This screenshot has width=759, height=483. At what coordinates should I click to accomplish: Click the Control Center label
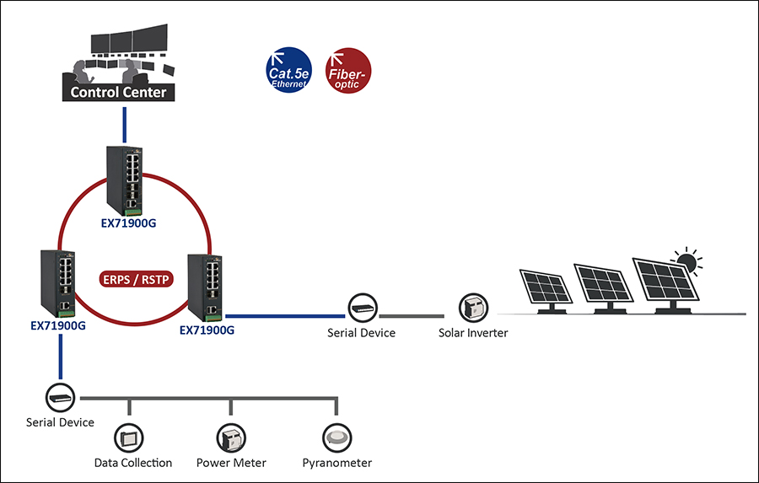119,93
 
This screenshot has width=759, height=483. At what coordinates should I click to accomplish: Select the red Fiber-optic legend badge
347,69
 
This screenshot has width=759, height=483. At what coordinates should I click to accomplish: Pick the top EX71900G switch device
126,180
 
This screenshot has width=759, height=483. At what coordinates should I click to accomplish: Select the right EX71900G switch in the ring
206,287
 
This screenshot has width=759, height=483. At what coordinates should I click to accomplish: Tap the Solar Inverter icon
471,309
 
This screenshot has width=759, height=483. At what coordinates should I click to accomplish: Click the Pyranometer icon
336,437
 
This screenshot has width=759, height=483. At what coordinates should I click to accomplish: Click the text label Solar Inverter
473,333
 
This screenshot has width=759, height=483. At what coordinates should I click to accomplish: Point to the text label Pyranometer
337,463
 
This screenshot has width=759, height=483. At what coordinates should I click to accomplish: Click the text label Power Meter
231,463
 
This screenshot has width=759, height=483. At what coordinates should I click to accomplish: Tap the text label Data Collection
133,463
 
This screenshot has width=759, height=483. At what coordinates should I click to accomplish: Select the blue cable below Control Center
124,124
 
